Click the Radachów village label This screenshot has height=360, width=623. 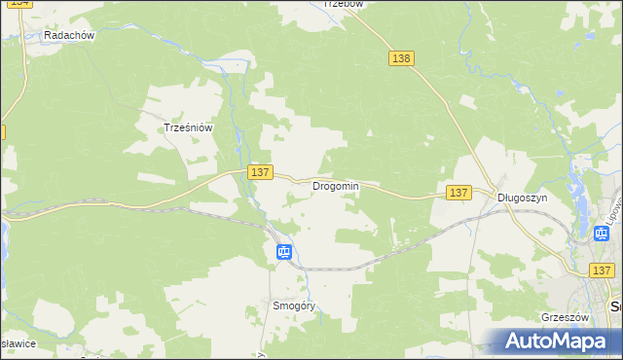[68, 35]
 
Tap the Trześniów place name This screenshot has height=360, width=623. [188, 127]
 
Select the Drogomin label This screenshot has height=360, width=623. [336, 186]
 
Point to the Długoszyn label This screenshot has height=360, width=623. [523, 197]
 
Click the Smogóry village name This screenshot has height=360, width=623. [294, 306]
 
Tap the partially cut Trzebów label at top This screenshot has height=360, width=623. [343, 4]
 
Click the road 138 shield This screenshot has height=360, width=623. [401, 58]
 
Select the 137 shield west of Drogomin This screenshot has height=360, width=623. [259, 172]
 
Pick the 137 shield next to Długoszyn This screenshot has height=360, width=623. [459, 194]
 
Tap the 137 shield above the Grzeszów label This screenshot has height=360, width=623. [602, 270]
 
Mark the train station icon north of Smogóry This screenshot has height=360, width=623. [283, 253]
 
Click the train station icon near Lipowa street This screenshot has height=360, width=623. [602, 234]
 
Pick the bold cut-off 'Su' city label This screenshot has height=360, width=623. [615, 306]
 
